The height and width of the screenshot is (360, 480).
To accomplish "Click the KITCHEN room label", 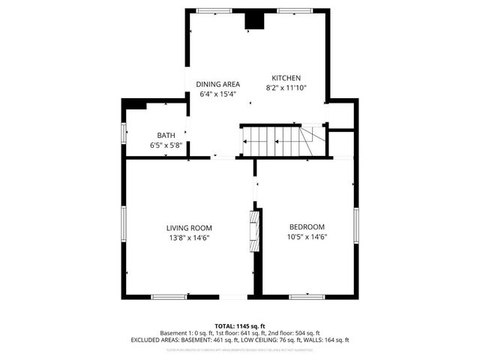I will pos(286,78).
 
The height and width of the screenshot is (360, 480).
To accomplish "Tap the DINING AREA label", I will pos(218,84).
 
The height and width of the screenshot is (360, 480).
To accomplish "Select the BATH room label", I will pos(166,135).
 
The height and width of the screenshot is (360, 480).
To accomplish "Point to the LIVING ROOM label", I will pos(189,227).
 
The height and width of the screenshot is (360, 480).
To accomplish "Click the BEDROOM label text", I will pos(307,227).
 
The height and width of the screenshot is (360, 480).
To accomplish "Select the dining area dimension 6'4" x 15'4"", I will pos(218,94).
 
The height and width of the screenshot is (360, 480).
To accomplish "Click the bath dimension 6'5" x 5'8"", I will pos(166,145).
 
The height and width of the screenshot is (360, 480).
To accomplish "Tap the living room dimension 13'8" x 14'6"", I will pos(189,238).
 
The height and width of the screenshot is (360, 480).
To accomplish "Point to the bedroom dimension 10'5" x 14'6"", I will pos(307,238).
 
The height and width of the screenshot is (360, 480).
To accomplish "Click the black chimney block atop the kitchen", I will pos(256,20).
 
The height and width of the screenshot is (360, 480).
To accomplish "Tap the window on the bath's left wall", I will pos(124,132).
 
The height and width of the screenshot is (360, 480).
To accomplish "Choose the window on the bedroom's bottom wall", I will pos(307,296).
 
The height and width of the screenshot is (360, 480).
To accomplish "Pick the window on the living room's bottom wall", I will pos(169,296).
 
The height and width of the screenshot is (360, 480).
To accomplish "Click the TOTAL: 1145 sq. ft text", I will pos(239,326).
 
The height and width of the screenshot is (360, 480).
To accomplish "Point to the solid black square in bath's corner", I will pos(136,104).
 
